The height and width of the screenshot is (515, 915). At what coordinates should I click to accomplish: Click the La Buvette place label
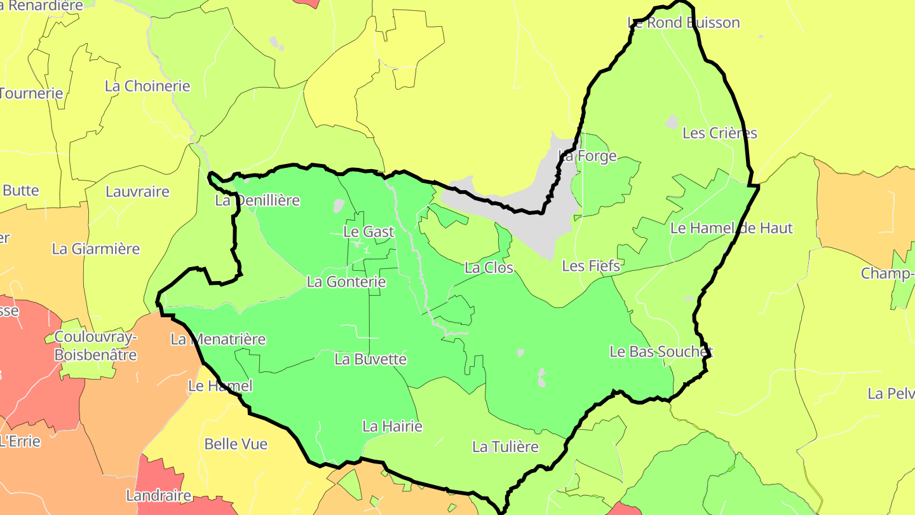(x=370, y=359)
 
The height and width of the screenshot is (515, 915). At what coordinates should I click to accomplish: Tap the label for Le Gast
(x=369, y=232)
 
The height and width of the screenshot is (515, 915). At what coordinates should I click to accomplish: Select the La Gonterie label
(x=346, y=281)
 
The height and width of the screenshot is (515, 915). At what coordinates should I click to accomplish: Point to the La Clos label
(x=489, y=268)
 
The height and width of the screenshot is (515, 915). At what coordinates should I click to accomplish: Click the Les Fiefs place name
(x=591, y=266)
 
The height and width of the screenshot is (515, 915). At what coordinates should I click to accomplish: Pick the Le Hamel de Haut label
(x=732, y=228)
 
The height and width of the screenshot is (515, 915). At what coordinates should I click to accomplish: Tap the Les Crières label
(x=720, y=133)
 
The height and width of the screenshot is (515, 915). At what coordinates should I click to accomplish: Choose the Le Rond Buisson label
(x=684, y=23)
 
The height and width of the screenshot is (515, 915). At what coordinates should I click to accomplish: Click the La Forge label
(x=587, y=156)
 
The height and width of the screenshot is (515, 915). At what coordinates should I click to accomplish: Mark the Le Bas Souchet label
(x=661, y=352)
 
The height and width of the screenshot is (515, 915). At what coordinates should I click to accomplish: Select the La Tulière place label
(x=505, y=447)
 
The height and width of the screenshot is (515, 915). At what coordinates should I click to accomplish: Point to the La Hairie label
(x=392, y=426)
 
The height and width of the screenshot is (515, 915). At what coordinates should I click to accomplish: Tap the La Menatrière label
(x=218, y=340)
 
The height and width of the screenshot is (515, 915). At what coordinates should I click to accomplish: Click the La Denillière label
(x=257, y=201)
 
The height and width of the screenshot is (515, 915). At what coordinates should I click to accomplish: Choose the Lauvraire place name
(x=138, y=191)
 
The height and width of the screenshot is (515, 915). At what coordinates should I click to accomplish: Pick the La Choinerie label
(x=147, y=86)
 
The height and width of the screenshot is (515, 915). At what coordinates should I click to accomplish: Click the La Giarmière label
(x=96, y=249)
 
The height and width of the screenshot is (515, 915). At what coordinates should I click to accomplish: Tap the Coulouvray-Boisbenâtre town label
(x=95, y=346)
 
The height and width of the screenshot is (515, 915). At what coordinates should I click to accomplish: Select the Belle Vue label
(x=236, y=444)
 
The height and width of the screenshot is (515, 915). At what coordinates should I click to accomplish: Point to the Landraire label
(x=159, y=495)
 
